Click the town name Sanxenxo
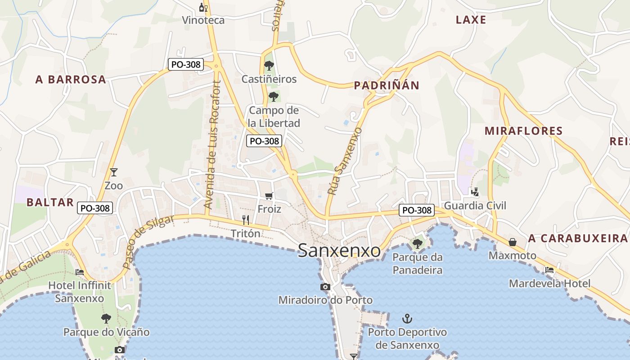[339, 251]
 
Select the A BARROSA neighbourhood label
[71, 80]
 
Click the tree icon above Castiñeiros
[269, 66]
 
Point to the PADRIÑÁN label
[387, 85]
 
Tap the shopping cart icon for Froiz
[269, 196]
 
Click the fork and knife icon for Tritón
[246, 220]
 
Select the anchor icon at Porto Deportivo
[407, 319]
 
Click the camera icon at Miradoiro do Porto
[325, 287]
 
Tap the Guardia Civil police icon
[475, 192]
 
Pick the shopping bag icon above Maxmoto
[513, 242]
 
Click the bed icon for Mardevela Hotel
[549, 270]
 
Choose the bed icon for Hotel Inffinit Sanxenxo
[80, 272]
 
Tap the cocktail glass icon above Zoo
[113, 172]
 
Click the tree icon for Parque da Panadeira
[417, 244]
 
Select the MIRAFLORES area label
[523, 131]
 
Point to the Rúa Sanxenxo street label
[345, 161]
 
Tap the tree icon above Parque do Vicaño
[106, 319]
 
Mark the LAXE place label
[471, 20]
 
